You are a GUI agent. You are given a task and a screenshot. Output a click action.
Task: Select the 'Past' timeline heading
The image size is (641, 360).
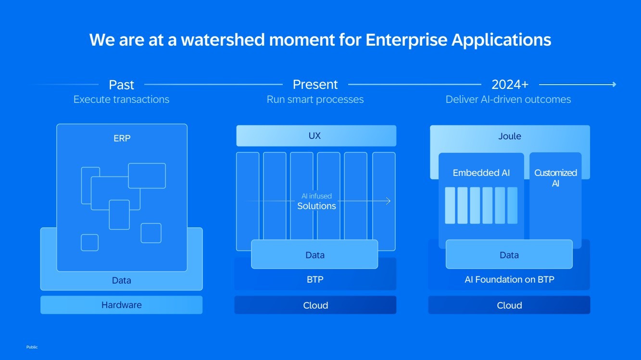click(121, 85)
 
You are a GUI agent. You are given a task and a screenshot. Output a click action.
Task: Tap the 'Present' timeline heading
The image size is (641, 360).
click(315, 85)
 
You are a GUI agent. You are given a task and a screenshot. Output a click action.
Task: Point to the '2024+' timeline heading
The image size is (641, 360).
click(510, 85)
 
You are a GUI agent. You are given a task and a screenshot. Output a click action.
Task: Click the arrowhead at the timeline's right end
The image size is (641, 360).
click(614, 85)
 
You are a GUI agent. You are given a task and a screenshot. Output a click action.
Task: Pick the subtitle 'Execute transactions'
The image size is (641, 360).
click(121, 99)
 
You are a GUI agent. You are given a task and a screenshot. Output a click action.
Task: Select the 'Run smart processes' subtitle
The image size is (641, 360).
click(315, 99)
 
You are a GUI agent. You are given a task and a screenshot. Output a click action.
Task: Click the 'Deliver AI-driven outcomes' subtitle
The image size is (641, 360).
click(508, 99)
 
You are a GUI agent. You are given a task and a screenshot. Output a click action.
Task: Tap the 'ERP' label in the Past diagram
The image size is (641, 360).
click(122, 138)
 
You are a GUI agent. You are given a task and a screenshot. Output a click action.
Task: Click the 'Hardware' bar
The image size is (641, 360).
click(122, 305)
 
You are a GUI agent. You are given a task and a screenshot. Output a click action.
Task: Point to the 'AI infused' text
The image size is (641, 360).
click(316, 196)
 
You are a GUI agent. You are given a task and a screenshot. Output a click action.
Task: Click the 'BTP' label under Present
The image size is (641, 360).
click(315, 279)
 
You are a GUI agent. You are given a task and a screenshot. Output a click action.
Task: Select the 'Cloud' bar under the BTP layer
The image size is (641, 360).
click(315, 305)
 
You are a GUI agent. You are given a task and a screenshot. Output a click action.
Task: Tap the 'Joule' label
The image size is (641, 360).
click(510, 136)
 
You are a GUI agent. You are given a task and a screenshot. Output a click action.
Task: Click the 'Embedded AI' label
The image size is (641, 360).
click(481, 173)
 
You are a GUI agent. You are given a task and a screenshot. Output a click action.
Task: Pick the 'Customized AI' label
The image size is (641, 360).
click(555, 178)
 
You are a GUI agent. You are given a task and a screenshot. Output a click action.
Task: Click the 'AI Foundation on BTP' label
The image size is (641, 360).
click(509, 279)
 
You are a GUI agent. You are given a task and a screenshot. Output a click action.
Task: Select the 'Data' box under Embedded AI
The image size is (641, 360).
click(509, 255)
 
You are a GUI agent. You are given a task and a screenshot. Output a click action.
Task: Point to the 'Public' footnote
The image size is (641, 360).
click(32, 347)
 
